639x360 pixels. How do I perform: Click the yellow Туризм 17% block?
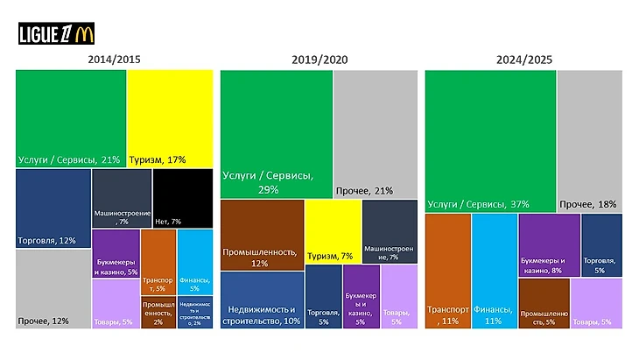tap(171, 117)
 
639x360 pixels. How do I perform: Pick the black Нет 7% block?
tap(178, 198)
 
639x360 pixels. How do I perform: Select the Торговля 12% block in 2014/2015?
tap(53, 208)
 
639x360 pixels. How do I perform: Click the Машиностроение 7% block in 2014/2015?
tap(122, 198)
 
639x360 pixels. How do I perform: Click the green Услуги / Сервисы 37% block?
tap(490, 140)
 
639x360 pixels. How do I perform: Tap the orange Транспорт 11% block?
tap(447, 271)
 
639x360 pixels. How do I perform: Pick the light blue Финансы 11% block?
tap(494, 271)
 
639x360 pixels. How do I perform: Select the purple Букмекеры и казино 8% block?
tap(549, 245)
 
